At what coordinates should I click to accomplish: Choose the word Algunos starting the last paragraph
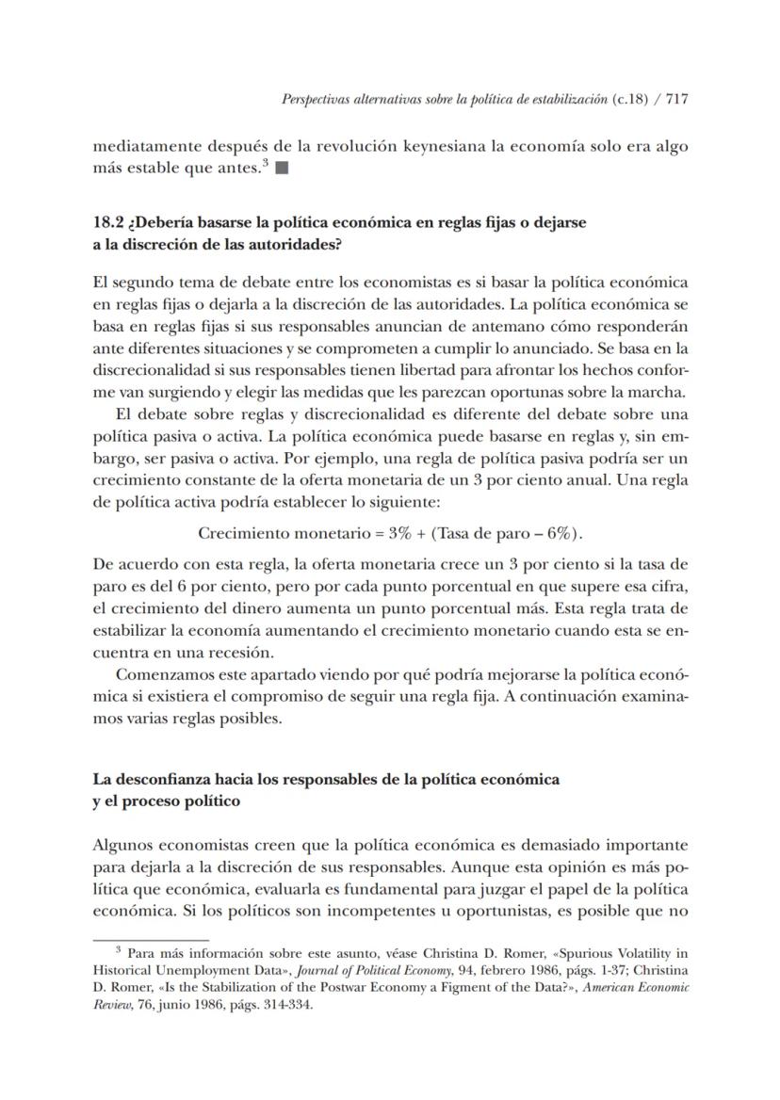click(122, 845)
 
